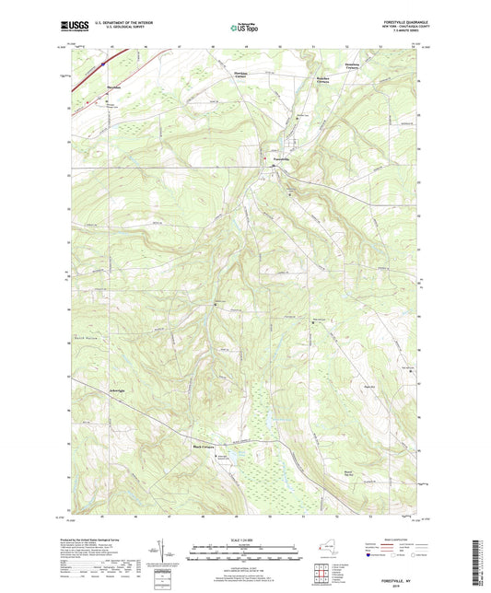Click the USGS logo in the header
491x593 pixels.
pos(73,28)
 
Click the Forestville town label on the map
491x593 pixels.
pos(285,158)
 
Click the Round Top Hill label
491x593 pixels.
pos(347,474)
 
